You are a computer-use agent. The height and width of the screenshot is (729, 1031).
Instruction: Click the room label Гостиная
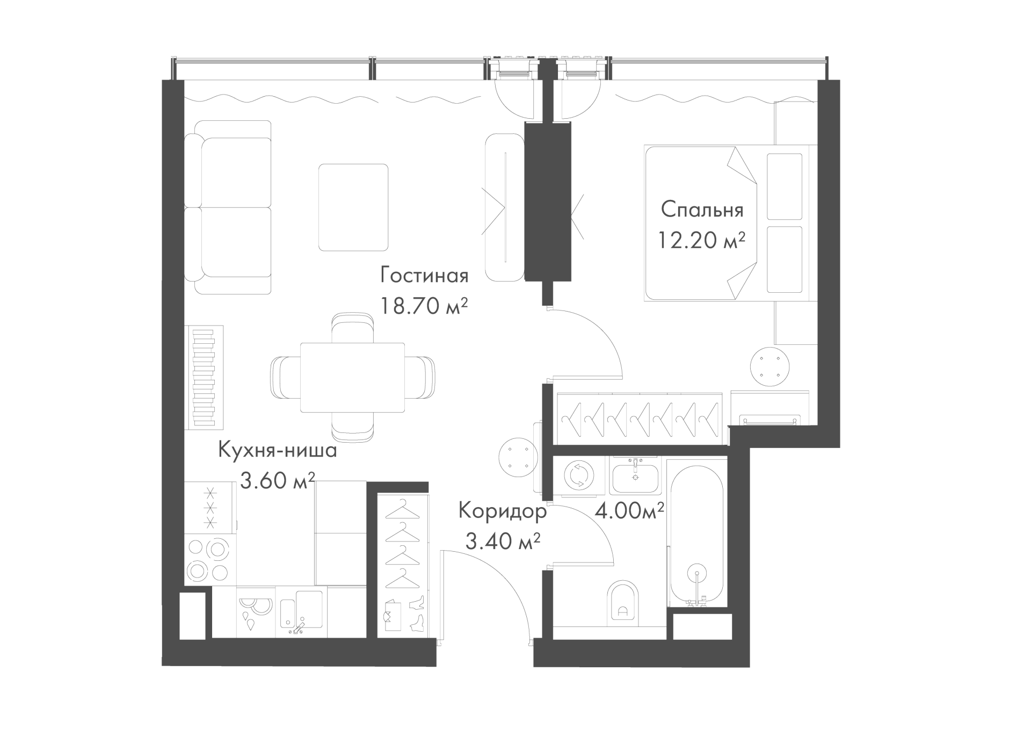click(x=424, y=275)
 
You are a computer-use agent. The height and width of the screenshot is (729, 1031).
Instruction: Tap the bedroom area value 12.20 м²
click(x=702, y=240)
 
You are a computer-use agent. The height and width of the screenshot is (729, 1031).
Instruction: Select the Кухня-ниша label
click(x=278, y=450)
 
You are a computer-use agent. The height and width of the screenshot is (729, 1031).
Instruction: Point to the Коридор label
click(x=503, y=511)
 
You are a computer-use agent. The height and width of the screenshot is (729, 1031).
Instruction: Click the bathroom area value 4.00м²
click(x=629, y=510)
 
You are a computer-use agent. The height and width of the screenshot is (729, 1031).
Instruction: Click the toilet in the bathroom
click(x=623, y=603)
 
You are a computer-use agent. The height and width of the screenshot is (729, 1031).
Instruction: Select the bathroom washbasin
click(x=635, y=476)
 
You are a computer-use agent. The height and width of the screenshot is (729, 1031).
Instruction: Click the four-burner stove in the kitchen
click(x=210, y=560)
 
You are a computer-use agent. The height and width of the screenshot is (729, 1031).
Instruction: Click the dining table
click(x=352, y=377)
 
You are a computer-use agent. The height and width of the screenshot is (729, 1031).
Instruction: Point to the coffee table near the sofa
click(x=353, y=207)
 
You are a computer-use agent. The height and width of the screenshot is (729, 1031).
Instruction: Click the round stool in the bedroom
click(x=769, y=366)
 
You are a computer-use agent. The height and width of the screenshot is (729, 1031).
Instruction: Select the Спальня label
click(x=702, y=210)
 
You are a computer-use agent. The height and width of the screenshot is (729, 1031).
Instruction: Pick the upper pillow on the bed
click(x=785, y=186)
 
